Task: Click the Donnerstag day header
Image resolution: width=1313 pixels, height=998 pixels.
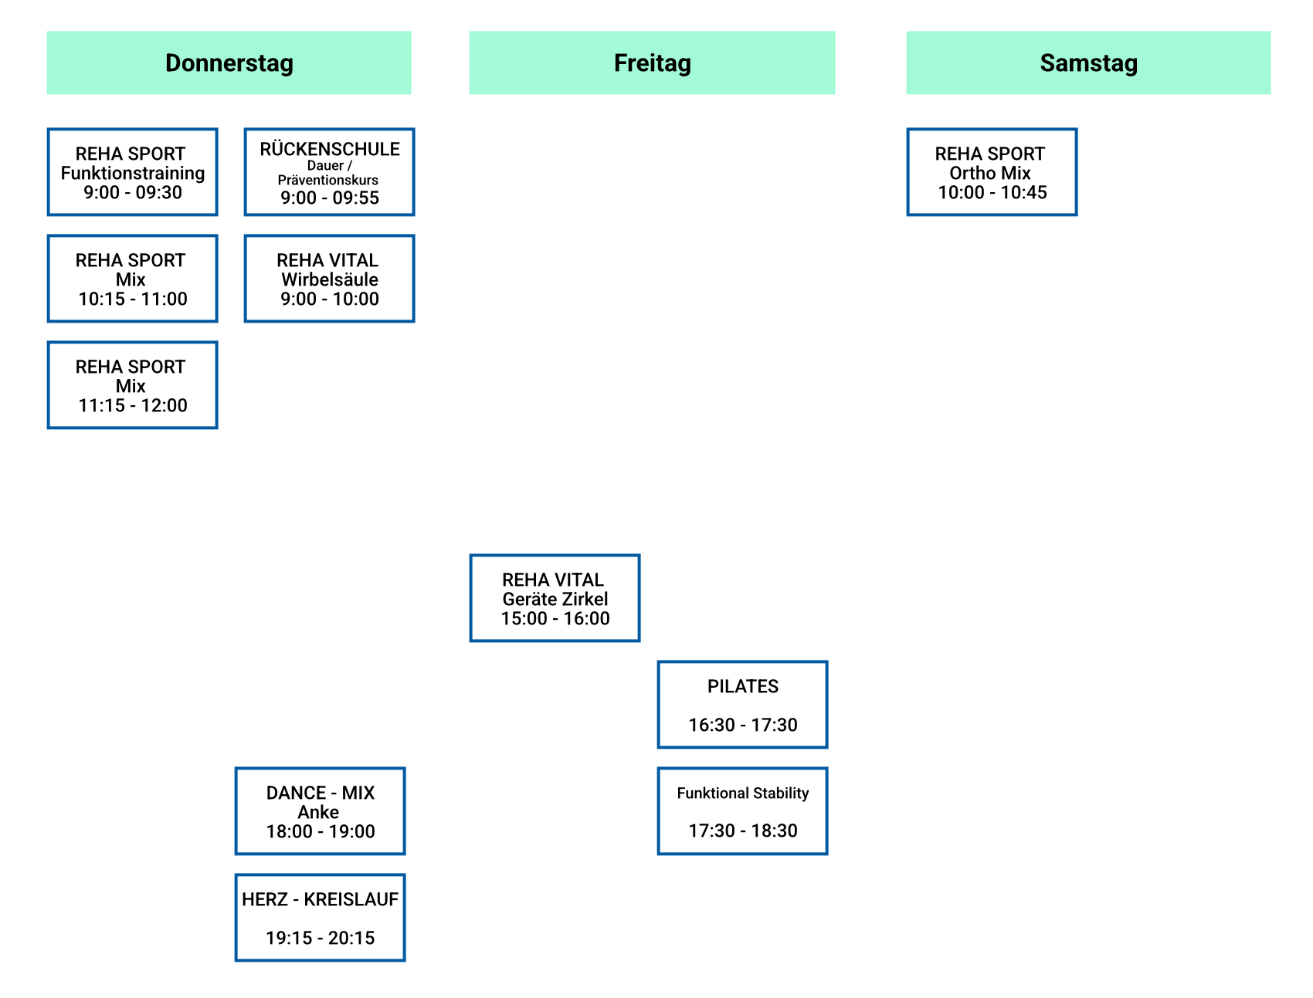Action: coord(229,63)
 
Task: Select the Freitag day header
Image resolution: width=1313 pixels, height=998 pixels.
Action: coord(652,63)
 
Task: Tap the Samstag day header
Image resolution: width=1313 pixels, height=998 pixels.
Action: coord(1088,63)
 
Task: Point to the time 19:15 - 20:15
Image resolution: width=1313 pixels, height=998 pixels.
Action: coord(321,938)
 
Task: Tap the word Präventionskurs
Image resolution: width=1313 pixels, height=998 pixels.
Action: coord(328,181)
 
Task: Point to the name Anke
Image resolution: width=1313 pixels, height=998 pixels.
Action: coord(318,812)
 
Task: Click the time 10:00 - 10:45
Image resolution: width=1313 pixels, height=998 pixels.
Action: coord(992,192)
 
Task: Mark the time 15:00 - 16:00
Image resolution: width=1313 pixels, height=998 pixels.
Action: coord(555,618)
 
